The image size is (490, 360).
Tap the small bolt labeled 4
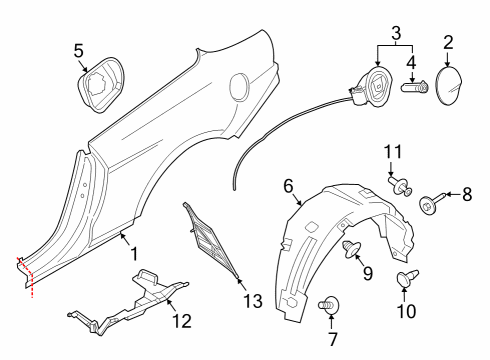414,88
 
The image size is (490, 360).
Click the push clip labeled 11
400,186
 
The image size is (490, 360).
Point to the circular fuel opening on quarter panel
241,88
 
